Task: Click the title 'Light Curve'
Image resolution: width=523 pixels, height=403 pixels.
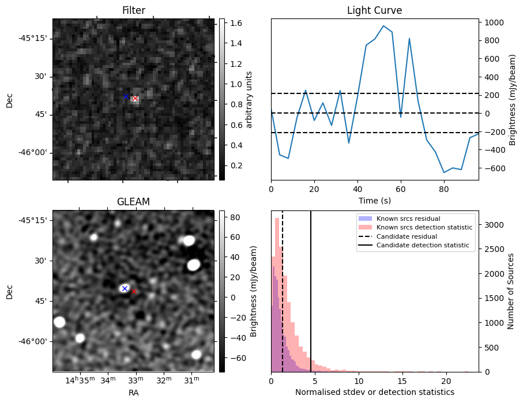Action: click(x=374, y=10)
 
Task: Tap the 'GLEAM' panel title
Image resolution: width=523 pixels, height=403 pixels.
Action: click(x=133, y=202)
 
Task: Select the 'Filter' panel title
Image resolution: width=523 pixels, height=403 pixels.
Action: click(x=133, y=10)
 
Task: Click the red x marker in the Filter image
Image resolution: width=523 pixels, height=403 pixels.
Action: click(x=135, y=99)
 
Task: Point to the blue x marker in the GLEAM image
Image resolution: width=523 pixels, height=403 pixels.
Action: click(x=125, y=288)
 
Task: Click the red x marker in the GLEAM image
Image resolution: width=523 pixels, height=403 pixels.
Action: click(x=134, y=292)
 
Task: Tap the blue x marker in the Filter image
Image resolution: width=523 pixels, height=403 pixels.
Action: click(x=126, y=96)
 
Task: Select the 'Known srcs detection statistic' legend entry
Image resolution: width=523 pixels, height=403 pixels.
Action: click(x=424, y=228)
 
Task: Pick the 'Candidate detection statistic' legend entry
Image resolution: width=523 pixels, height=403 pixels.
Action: click(x=423, y=246)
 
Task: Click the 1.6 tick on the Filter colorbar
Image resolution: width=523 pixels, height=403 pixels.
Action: click(x=234, y=23)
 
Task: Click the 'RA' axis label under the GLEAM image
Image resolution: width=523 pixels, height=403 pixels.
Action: click(x=133, y=393)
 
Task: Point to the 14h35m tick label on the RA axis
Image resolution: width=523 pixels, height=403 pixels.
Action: click(x=80, y=380)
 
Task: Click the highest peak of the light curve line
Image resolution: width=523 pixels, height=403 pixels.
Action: click(x=383, y=26)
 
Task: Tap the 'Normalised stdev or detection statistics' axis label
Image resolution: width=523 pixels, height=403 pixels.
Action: click(x=374, y=392)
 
